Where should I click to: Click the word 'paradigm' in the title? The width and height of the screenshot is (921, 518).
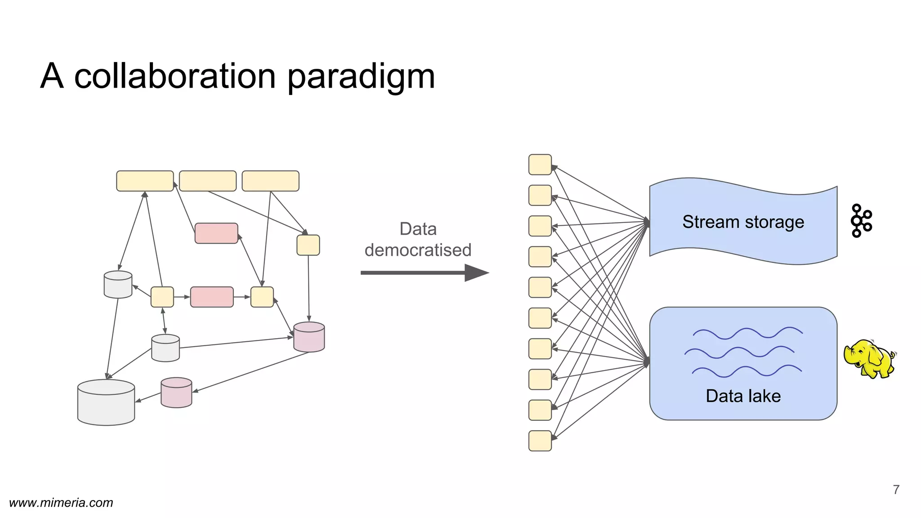[x=361, y=76]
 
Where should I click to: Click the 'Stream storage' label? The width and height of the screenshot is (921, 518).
[x=743, y=222]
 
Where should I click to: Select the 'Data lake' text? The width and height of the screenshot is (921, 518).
[x=743, y=396]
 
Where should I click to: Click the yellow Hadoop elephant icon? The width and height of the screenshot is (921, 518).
[x=869, y=359]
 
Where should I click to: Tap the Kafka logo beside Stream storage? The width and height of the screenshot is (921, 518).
[x=861, y=220]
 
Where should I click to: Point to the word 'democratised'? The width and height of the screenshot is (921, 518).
[x=418, y=250]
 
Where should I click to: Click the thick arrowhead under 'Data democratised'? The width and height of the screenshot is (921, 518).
[x=476, y=272]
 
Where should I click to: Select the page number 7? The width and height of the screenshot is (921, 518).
[x=896, y=489]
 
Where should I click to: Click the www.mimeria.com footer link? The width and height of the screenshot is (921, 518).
[x=61, y=503]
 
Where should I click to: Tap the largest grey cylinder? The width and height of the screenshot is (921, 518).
[x=106, y=402]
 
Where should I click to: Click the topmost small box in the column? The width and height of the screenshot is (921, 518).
[x=540, y=165]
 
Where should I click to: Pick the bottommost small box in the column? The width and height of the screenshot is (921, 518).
[x=540, y=441]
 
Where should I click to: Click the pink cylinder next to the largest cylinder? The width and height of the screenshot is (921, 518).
[x=176, y=393]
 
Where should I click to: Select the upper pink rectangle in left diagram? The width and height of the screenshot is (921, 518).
[x=216, y=233]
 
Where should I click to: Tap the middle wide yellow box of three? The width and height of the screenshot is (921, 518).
[x=208, y=181]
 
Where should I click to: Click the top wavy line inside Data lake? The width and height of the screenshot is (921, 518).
[x=747, y=333]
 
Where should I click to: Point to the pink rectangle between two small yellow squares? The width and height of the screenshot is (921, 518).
[x=212, y=297]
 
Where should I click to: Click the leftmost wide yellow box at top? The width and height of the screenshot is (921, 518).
[x=145, y=181]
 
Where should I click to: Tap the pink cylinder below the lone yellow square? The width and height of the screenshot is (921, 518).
[x=309, y=337]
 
